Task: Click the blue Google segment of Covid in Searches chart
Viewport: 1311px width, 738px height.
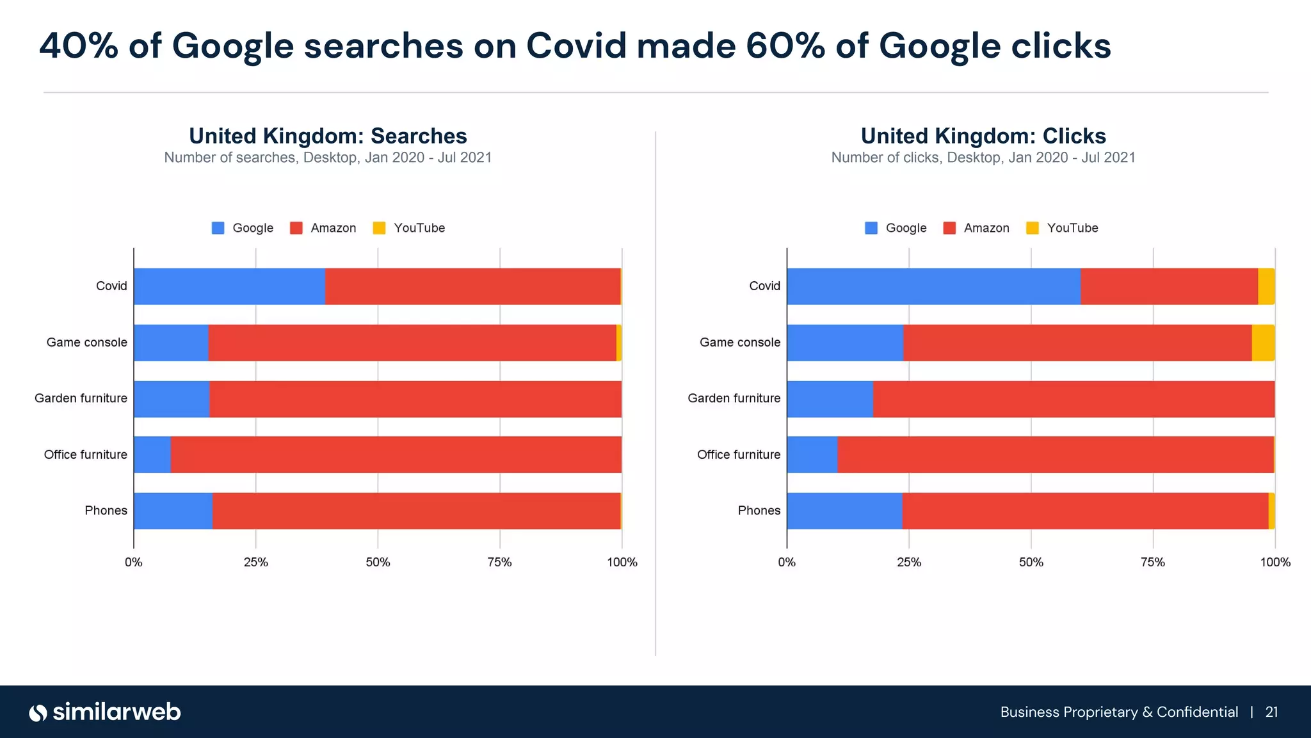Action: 229,286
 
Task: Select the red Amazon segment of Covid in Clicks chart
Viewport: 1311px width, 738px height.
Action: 1169,286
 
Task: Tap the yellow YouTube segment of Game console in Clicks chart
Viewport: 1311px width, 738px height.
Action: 1263,343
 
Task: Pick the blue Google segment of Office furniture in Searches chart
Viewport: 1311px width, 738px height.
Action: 152,455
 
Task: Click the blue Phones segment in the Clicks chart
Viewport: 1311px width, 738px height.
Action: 844,511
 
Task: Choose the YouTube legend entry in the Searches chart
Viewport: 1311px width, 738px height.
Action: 409,228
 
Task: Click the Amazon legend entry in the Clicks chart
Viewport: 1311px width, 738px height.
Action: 976,228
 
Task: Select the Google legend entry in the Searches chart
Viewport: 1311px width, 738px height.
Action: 243,228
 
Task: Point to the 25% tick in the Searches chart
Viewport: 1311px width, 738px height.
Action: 256,562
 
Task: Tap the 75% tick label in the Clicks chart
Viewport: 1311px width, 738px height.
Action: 1153,562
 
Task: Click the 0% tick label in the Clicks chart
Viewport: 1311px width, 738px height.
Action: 787,562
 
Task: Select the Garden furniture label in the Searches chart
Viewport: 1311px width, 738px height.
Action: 81,398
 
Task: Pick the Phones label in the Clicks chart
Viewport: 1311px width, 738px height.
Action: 759,511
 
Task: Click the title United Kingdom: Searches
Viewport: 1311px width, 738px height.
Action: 328,136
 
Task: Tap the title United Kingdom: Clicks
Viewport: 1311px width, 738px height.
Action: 983,136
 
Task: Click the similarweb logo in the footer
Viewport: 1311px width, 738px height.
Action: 105,712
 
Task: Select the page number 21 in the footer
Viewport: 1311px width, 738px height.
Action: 1272,712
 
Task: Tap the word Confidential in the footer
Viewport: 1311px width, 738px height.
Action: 1197,712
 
